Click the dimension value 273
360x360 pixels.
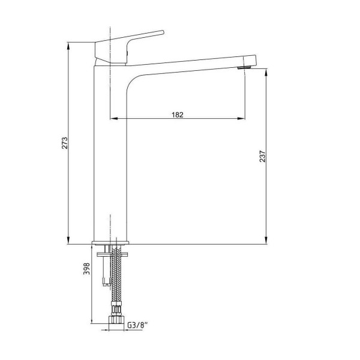[65, 143]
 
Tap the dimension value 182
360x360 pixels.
[178, 115]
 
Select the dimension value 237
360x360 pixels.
[262, 157]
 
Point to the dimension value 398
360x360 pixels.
[86, 269]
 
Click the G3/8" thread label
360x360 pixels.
[137, 325]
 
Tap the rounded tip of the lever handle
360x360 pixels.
[163, 32]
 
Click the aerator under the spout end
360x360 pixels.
[244, 67]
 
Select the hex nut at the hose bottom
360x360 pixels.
[116, 320]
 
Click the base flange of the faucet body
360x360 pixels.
[110, 242]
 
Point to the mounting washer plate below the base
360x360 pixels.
[112, 254]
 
